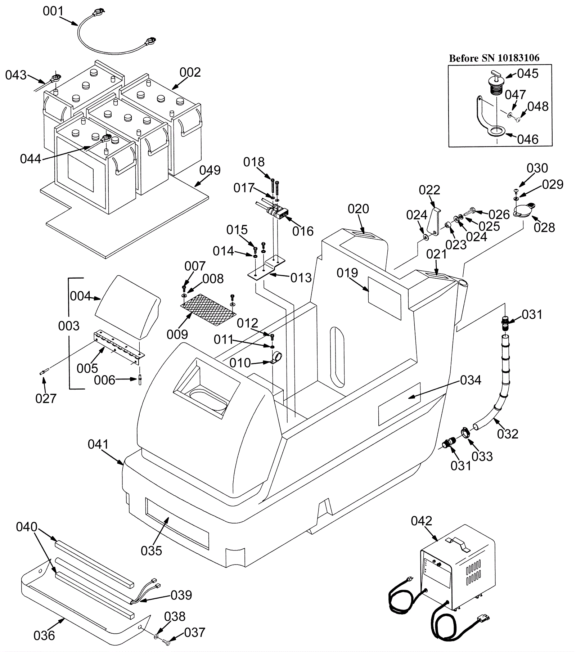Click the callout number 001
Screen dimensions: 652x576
[53, 12]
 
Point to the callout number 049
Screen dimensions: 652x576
[210, 170]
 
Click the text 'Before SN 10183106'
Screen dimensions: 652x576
[494, 58]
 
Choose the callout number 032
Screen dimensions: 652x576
[508, 434]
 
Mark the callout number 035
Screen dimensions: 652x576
[152, 551]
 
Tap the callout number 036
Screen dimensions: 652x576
[44, 636]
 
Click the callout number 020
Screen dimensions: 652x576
[359, 209]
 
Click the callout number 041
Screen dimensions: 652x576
[98, 445]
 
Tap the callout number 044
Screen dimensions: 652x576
[31, 158]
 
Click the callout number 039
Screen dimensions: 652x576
[181, 595]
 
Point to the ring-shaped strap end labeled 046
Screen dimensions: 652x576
[496, 132]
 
